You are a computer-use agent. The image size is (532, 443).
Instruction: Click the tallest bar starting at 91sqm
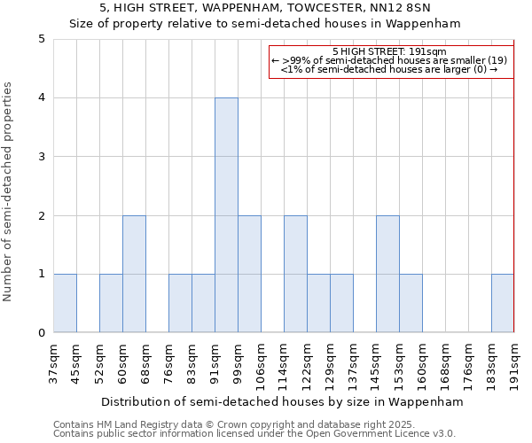[x=226, y=215]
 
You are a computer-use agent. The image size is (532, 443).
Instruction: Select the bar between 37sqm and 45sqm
[x=65, y=303]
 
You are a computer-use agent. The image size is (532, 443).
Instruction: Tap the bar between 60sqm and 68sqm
[x=134, y=274]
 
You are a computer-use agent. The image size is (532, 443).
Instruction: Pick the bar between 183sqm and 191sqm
[x=503, y=303]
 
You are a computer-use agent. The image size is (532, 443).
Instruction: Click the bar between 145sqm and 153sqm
[x=387, y=274]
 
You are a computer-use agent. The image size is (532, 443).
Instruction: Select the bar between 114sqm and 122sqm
[x=295, y=274]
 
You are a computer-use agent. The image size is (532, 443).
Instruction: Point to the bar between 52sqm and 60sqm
[x=111, y=303]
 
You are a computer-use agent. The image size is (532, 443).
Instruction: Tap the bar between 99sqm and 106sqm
[x=249, y=274]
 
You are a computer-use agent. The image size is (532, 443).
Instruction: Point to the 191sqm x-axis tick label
[x=514, y=361]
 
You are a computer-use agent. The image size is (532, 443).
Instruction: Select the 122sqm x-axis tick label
[x=307, y=361]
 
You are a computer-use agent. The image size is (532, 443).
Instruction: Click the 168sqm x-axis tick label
[x=445, y=361]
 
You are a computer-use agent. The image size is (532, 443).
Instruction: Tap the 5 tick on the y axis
[x=41, y=39]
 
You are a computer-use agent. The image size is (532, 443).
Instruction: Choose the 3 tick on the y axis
[x=41, y=157]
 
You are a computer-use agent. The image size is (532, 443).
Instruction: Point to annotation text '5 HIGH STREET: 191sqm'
[x=390, y=51]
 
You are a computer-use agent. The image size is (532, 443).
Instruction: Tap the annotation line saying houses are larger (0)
[x=390, y=69]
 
